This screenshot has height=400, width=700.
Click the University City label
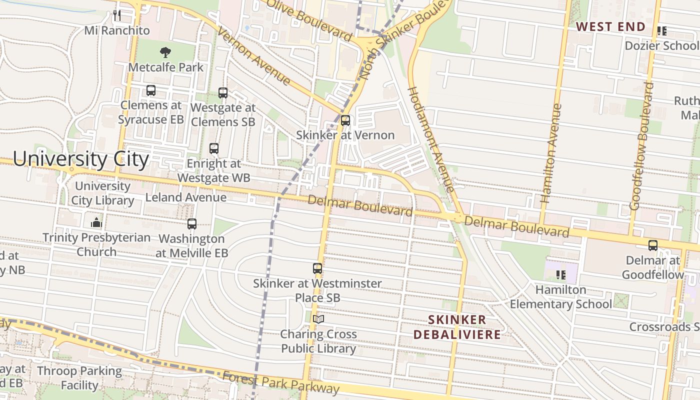point(81,159)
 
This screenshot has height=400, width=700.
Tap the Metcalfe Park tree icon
point(165,52)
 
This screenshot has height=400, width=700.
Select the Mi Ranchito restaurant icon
point(117,15)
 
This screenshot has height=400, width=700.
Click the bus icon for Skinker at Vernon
point(345,120)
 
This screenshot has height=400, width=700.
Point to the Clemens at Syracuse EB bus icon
point(150,90)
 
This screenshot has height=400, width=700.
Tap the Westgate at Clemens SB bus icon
point(223,92)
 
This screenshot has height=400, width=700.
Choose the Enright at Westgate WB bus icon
point(214,148)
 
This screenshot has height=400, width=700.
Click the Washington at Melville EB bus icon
point(191,224)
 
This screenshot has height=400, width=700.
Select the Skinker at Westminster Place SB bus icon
point(317,268)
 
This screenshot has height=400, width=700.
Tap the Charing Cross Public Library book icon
point(318,319)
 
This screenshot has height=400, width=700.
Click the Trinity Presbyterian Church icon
point(96,222)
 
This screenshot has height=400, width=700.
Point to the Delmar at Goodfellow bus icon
point(652,245)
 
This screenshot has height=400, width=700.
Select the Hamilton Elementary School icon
point(561,274)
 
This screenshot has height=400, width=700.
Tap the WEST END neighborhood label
point(611,27)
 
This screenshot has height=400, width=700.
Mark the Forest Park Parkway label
point(281,382)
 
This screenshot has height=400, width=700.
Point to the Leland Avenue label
point(185,197)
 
